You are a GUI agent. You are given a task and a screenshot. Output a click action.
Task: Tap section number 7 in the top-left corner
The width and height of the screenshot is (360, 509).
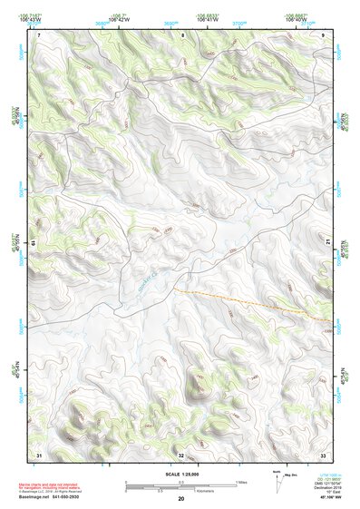pos(39,34)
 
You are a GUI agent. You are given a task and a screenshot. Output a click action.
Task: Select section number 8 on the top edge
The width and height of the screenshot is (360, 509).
pos(182,34)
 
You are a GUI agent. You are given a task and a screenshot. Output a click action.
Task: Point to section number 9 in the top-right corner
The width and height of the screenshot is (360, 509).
pos(324,34)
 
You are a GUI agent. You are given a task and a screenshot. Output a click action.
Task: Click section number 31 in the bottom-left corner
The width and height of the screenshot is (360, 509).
pos(39,455)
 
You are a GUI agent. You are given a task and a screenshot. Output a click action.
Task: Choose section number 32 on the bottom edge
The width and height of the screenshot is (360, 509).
pos(181,455)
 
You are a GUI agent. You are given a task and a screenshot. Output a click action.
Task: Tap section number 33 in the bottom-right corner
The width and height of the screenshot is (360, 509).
pos(323,455)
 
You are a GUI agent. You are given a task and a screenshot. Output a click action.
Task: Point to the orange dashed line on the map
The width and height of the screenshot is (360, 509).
pos(254,306)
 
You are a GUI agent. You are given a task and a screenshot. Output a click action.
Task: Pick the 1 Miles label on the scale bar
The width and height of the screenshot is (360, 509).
pos(241,482)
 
